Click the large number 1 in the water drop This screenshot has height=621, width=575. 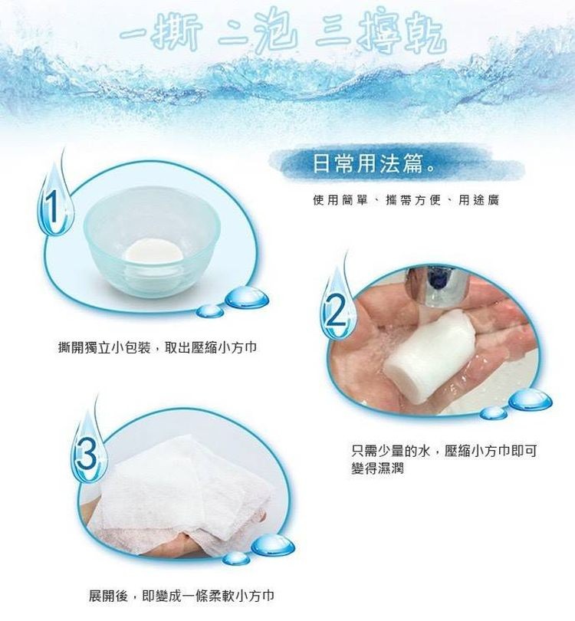(52, 209)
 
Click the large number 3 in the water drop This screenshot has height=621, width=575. (87, 454)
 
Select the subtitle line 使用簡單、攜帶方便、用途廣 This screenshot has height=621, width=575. (406, 200)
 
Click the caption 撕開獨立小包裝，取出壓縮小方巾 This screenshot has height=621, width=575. (158, 347)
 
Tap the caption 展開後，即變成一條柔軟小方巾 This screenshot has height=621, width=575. (182, 596)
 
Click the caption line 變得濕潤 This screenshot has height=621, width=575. (377, 468)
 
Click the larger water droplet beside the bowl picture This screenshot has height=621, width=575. (247, 297)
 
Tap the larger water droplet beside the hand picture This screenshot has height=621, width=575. (530, 400)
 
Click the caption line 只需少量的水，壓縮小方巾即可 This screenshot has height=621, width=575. (444, 451)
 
